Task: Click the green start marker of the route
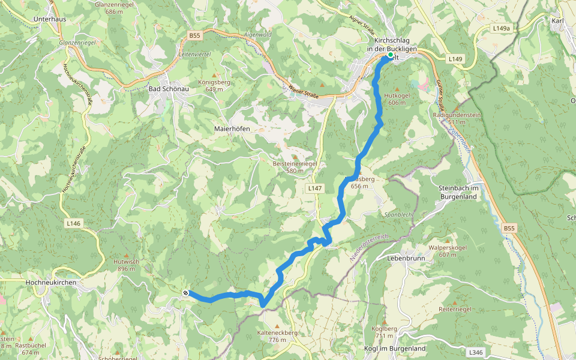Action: [390, 55]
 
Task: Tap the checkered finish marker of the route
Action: [186, 293]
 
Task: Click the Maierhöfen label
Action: [232, 129]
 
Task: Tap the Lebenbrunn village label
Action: [406, 259]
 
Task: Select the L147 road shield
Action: [314, 188]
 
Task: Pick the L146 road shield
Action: [73, 223]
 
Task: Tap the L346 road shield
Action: [476, 352]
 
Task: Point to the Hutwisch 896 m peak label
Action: [125, 265]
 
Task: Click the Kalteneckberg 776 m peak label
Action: [277, 336]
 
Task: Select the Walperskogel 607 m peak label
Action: [448, 251]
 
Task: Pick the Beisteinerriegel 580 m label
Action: [294, 167]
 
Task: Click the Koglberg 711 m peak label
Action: [385, 332]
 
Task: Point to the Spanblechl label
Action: [398, 214]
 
